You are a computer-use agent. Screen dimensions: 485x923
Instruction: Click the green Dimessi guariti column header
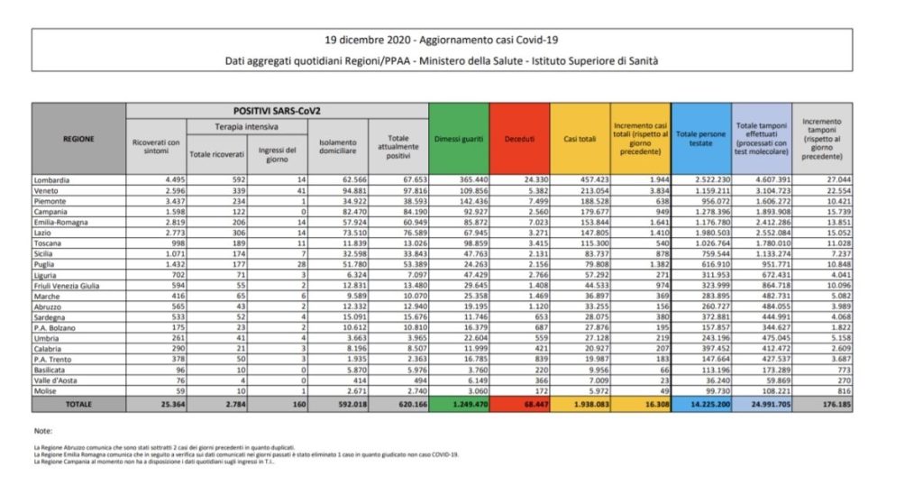coord(459,140)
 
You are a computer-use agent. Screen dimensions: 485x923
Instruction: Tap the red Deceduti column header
coord(519,140)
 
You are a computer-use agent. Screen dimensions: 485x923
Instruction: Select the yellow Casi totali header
coord(579,140)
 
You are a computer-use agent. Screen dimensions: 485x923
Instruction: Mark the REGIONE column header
coord(78,140)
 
